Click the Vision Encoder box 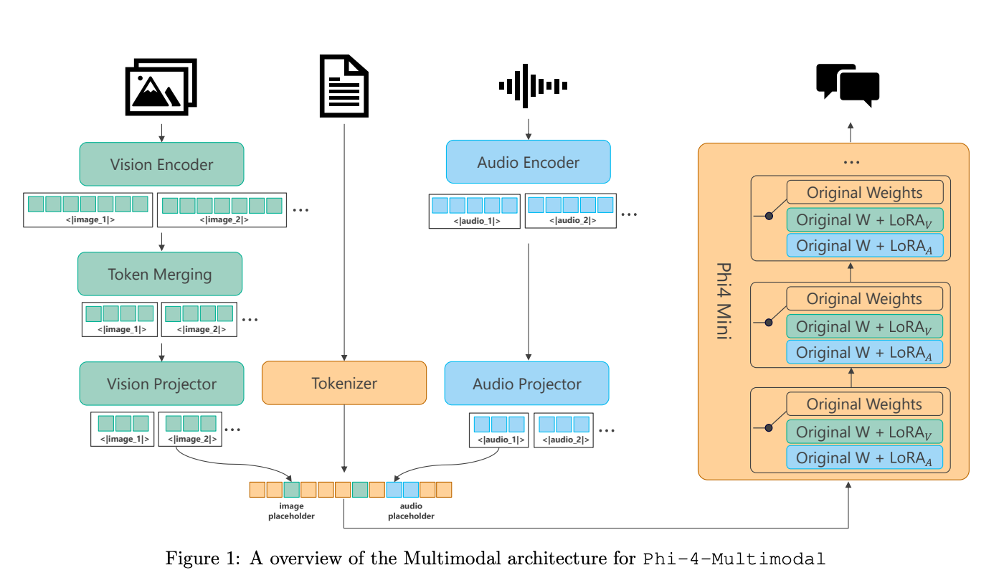[162, 164]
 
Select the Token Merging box [160, 274]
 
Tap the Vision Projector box [162, 384]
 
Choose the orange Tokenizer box [344, 383]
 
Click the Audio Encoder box [529, 162]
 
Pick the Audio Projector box [526, 384]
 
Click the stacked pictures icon [161, 87]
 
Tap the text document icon [344, 86]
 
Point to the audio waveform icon [533, 85]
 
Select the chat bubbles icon [848, 85]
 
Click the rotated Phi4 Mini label [724, 300]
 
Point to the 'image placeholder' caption [291, 511]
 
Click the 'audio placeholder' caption [411, 511]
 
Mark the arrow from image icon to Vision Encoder [162, 133]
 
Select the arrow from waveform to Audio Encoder [529, 130]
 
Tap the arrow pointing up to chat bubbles [851, 133]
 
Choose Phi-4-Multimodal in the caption [734, 559]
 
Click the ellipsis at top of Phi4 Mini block [851, 162]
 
